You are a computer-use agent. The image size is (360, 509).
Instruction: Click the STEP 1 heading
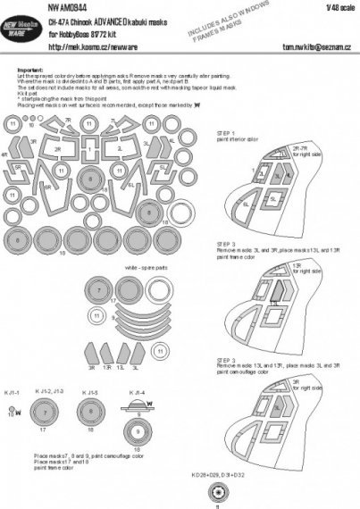225,130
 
